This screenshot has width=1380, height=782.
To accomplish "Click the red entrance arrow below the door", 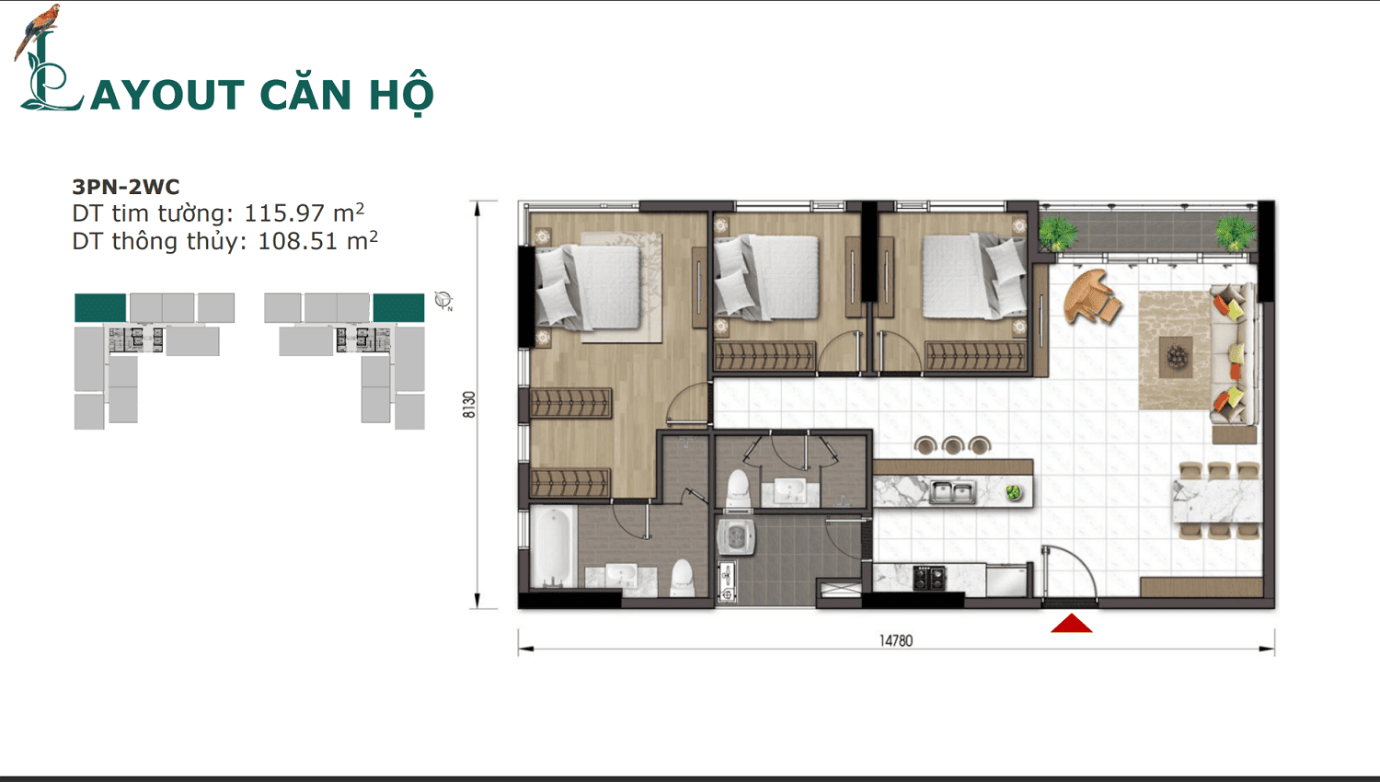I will (x=1072, y=625).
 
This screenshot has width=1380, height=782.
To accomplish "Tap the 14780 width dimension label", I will (x=896, y=640).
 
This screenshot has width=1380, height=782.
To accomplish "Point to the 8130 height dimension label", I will (x=469, y=405).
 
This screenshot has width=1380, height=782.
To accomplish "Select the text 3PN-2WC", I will (x=126, y=187).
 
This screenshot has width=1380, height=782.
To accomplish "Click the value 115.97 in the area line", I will (x=284, y=213).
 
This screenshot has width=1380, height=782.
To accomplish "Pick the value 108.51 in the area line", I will (x=298, y=242).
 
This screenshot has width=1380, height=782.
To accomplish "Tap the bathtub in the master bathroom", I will (x=553, y=547).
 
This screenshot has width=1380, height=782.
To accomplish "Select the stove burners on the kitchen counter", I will (x=929, y=578).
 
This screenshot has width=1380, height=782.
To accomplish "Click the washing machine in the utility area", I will (x=736, y=536).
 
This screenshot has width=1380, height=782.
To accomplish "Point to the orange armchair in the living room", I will (x=1091, y=296).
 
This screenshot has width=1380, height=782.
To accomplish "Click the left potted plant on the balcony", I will (x=1058, y=232).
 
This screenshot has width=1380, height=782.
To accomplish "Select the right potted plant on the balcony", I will (x=1234, y=232).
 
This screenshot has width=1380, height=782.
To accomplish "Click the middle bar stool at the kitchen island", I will (x=953, y=446).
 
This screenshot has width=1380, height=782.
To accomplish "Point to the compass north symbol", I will (x=443, y=300).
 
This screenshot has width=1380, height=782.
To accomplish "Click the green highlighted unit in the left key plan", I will (x=100, y=307).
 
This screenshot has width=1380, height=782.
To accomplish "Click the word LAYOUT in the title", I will (x=152, y=95).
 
